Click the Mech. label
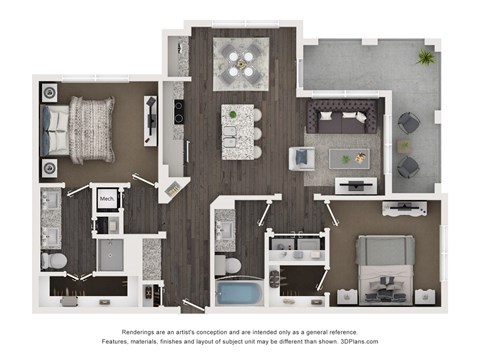point(106,199)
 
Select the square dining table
point(240,62)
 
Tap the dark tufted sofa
point(344,117)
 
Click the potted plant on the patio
point(426,58)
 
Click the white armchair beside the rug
point(301,159)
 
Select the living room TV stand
point(357,184)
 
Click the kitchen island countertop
point(240,129)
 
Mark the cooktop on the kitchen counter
point(179,112)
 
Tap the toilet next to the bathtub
point(229,266)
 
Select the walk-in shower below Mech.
point(108,256)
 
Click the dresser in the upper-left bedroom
point(151,120)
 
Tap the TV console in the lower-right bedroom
point(405,208)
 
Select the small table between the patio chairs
point(404,146)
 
